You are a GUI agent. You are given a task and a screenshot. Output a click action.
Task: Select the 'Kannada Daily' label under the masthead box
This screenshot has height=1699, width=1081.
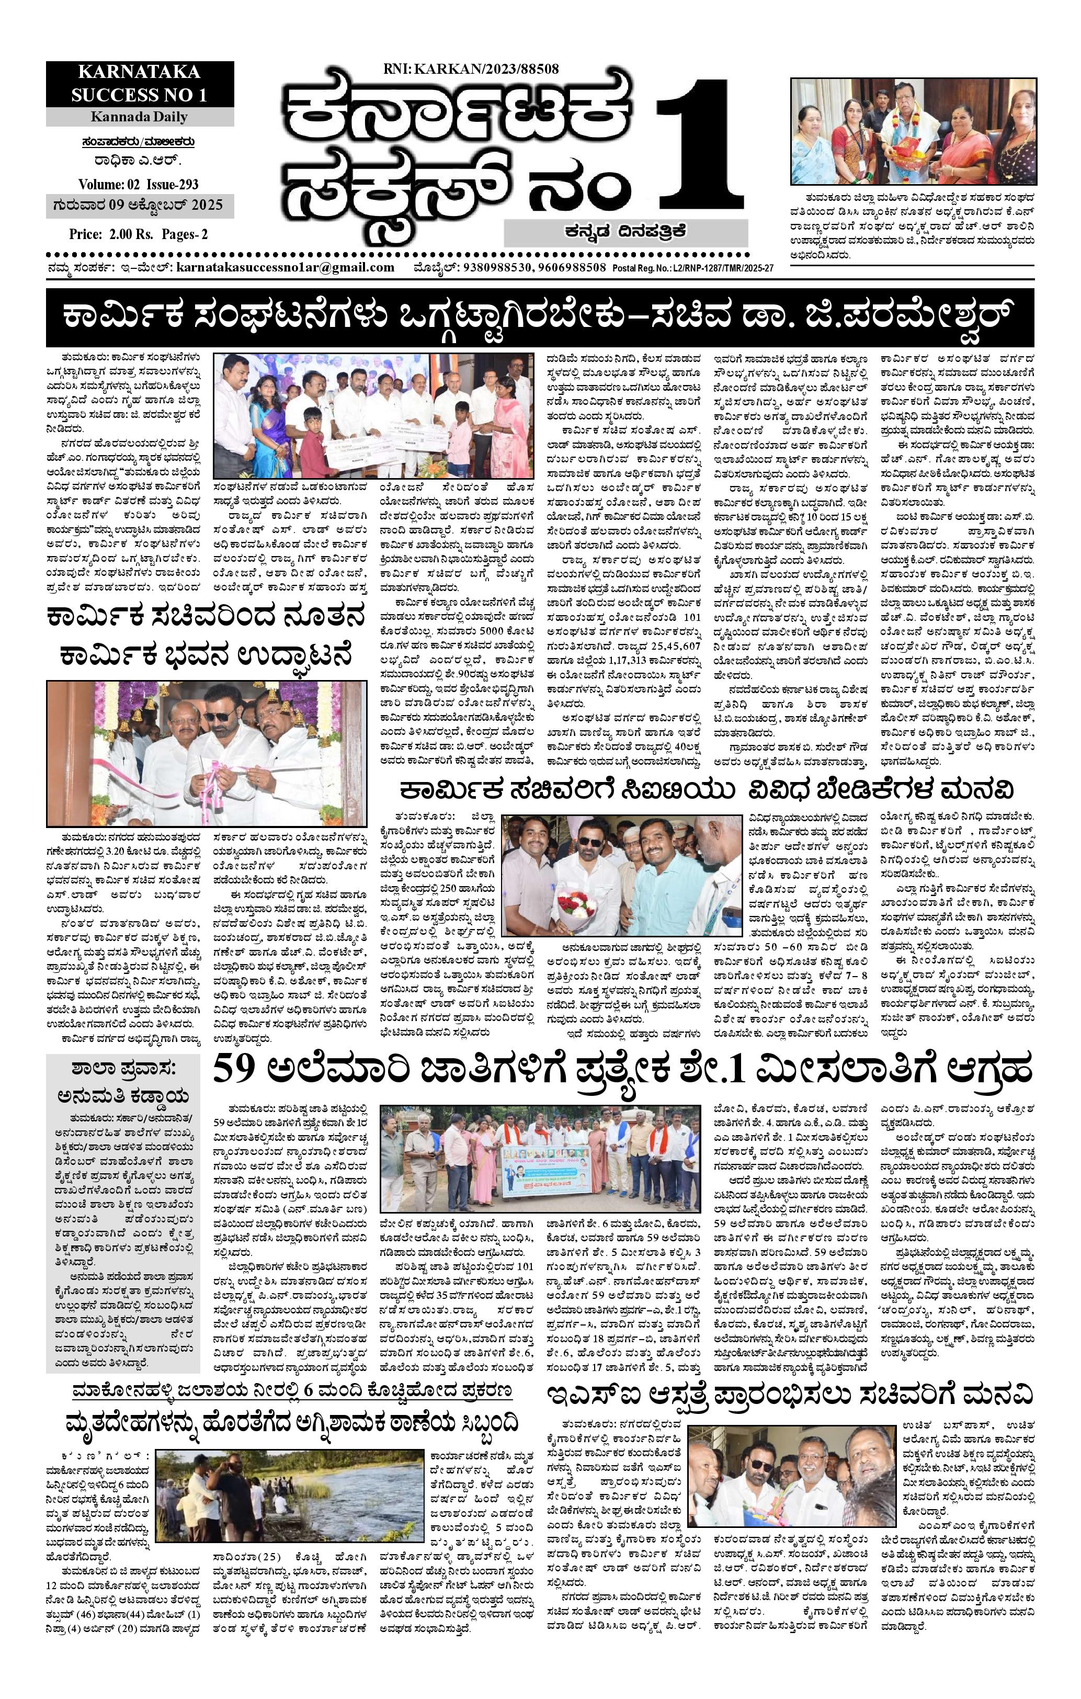(x=139, y=117)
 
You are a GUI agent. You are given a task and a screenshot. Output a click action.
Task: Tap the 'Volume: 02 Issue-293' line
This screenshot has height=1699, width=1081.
(x=139, y=185)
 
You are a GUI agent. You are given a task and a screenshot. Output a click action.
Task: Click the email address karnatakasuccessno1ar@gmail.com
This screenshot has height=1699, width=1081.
(x=285, y=267)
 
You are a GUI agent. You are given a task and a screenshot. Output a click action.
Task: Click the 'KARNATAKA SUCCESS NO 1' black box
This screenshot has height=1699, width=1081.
(x=139, y=83)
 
